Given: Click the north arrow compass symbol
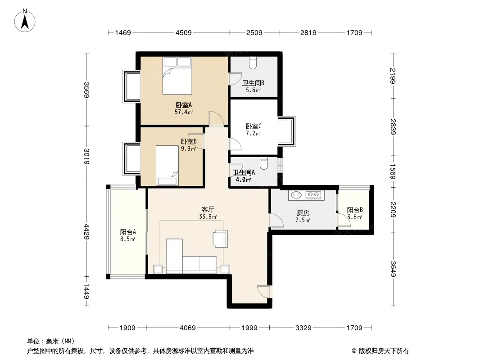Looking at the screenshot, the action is click(25, 21).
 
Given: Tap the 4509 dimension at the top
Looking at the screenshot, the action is click(184, 32).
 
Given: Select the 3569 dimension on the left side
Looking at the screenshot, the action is click(86, 90).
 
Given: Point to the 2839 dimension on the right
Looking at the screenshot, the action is click(393, 126).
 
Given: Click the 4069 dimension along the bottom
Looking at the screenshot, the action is click(188, 328).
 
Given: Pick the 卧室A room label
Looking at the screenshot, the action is click(184, 105).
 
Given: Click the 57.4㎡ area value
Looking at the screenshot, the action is click(184, 112).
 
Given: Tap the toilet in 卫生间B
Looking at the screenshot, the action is click(253, 63).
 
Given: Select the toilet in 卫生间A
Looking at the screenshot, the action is click(263, 163).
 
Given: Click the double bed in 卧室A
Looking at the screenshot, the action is click(177, 76).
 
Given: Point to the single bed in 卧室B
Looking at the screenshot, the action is click(167, 166).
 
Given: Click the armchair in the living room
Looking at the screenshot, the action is click(221, 238).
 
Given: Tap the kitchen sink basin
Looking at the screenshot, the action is click(296, 194).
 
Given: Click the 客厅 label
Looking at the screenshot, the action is click(208, 210).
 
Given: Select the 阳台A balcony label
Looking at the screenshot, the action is click(128, 232).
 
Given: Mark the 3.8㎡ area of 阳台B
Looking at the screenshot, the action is click(355, 217).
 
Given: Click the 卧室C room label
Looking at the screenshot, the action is click(254, 126).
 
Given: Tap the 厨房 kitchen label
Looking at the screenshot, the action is click(303, 213).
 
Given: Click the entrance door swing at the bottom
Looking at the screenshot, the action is click(263, 291).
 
